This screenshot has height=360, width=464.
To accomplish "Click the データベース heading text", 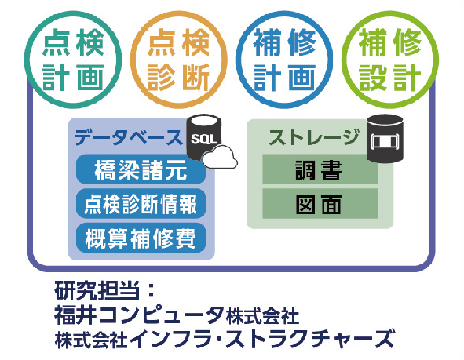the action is tap(129, 138).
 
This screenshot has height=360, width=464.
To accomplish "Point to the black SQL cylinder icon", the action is tap(204, 136).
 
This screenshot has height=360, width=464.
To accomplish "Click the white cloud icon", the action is tap(220, 157).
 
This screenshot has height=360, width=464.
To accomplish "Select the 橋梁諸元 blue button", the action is tap(141, 169).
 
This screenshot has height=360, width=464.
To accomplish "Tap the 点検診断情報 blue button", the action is tap(141, 204).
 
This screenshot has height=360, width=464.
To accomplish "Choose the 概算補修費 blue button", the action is tap(141, 238).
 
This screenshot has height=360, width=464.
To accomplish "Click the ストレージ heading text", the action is tap(314, 137).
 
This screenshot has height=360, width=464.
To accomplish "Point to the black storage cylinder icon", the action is tap(385, 139).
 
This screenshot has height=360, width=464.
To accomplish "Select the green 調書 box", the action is tap(320, 169).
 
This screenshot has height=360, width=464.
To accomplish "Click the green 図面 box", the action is tap(320, 204).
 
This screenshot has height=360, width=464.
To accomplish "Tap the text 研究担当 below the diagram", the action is tap(97, 291).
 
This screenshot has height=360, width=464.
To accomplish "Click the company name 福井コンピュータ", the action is tap(139, 315).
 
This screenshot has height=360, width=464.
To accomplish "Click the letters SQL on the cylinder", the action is tap(204, 139).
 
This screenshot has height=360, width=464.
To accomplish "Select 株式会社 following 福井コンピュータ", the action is tap(262, 316).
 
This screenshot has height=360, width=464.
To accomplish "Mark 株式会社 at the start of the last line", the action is tap(91, 339).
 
